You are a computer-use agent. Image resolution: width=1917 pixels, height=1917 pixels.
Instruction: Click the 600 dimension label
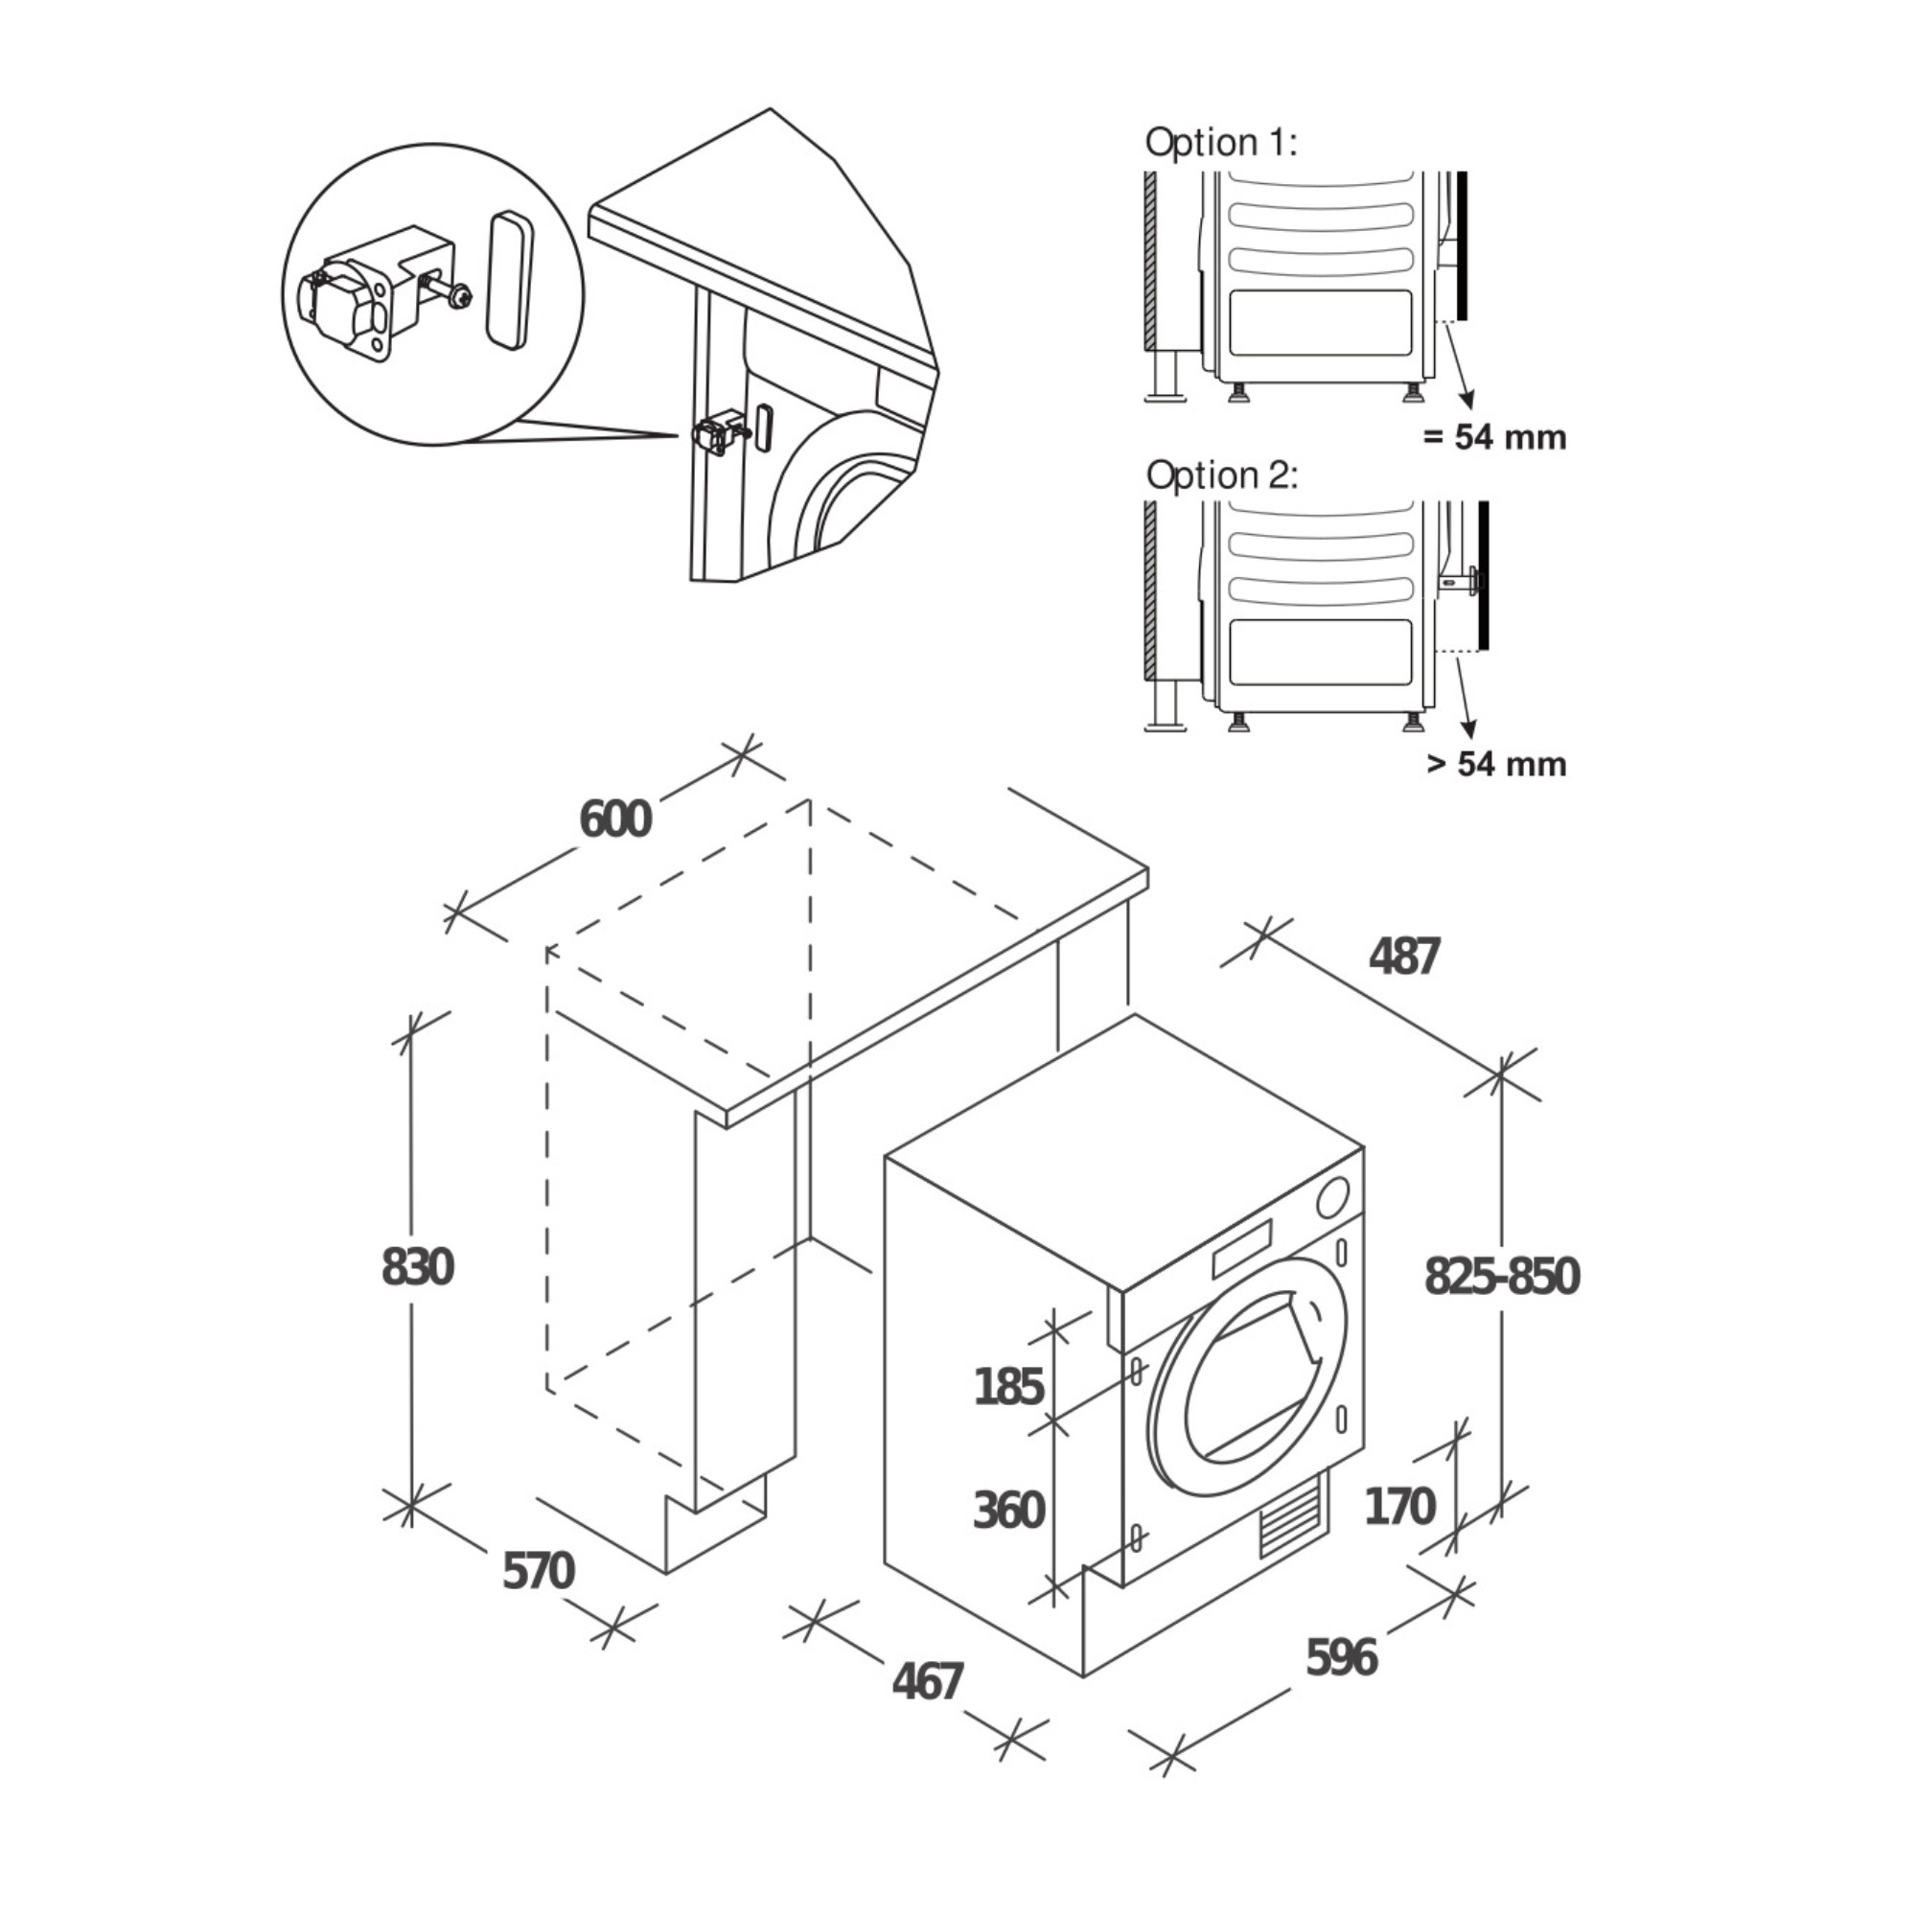click(x=615, y=820)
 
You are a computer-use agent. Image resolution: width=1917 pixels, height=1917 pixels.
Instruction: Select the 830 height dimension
click(x=418, y=1267)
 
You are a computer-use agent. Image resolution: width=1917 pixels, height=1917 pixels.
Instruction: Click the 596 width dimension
click(x=1342, y=1657)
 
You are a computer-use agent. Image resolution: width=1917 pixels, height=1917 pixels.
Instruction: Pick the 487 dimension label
click(x=1403, y=957)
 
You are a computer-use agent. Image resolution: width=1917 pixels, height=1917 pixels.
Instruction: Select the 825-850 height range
click(x=1501, y=1276)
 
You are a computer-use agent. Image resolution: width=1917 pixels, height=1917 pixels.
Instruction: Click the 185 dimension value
click(x=1008, y=1386)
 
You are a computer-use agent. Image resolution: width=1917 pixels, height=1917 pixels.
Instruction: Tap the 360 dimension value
click(x=1008, y=1511)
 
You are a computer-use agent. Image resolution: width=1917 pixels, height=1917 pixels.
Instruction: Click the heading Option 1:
click(x=1220, y=142)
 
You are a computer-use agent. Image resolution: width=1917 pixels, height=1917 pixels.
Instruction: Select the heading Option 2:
click(x=1221, y=475)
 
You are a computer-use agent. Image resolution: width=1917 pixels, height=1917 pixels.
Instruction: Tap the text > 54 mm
click(x=1496, y=764)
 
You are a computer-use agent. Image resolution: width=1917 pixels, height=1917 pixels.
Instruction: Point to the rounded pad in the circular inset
click(x=510, y=280)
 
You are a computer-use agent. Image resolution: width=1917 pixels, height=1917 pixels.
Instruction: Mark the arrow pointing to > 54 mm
click(x=1464, y=700)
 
